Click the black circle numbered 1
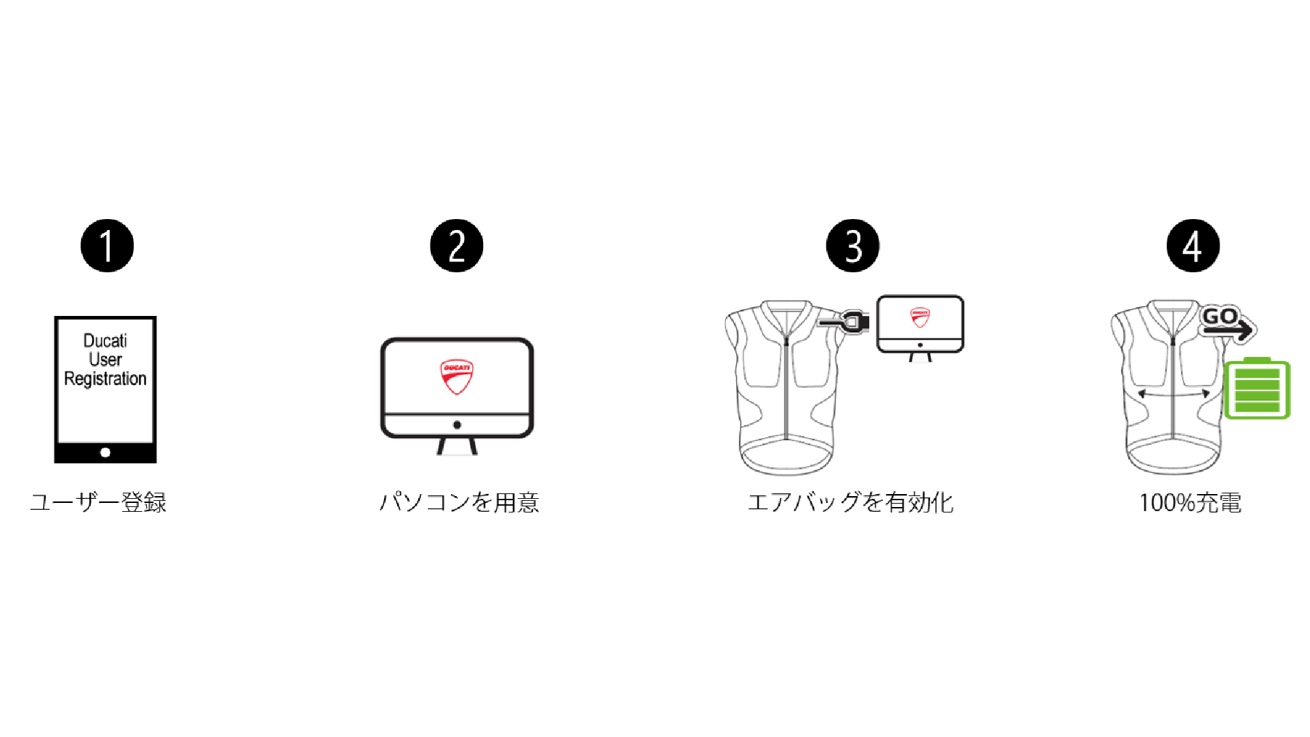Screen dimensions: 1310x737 click(x=107, y=246)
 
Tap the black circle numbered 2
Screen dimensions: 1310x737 click(x=456, y=246)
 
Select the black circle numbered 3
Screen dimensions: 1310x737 click(x=852, y=246)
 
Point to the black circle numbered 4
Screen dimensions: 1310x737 click(x=1193, y=246)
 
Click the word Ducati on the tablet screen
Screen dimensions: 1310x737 click(x=105, y=341)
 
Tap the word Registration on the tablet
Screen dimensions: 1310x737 click(x=105, y=379)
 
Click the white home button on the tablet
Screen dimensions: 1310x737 click(x=105, y=452)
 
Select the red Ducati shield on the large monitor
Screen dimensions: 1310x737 click(x=456, y=377)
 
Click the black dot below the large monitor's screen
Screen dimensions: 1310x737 click(x=457, y=425)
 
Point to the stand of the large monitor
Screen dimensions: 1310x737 click(x=457, y=446)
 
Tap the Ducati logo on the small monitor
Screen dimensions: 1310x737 click(x=920, y=317)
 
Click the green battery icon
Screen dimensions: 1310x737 click(x=1257, y=389)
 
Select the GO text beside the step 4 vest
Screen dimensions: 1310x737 click(x=1220, y=316)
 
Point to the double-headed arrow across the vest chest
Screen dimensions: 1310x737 click(x=1174, y=394)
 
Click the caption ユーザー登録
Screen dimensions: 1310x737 click(x=98, y=503)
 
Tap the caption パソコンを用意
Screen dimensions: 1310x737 click(x=459, y=503)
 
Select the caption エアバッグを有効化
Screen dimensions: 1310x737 click(x=851, y=503)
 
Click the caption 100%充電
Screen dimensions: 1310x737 click(x=1191, y=503)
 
